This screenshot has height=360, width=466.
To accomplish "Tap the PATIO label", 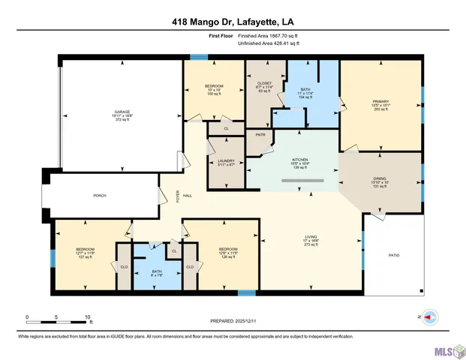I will click(393, 256).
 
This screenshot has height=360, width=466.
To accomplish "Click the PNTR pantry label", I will click(260, 135).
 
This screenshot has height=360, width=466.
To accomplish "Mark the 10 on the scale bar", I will click(88, 316).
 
